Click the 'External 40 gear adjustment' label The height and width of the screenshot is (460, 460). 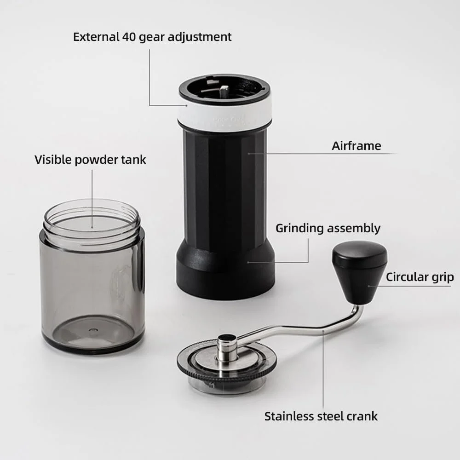(152, 37)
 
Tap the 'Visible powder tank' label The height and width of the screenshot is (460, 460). (90, 160)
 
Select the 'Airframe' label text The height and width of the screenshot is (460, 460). (356, 146)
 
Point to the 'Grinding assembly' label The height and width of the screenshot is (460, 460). (328, 229)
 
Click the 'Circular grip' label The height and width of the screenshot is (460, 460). (420, 277)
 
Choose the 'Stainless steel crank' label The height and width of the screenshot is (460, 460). (321, 416)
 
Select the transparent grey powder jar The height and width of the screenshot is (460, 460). (92, 276)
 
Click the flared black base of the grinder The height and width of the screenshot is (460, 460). (225, 269)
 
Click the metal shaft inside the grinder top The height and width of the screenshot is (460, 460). (224, 92)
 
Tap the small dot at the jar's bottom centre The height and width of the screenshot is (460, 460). (93, 330)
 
